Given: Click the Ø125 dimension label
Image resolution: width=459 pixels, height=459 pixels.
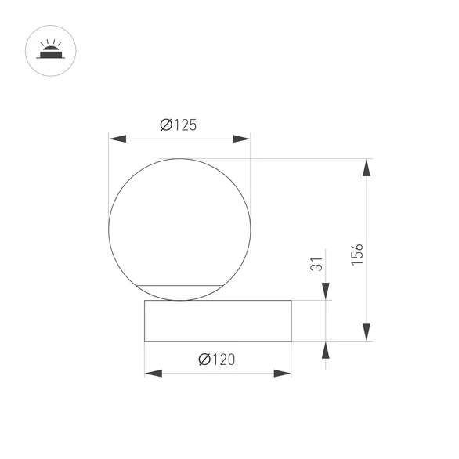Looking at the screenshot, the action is point(179,125).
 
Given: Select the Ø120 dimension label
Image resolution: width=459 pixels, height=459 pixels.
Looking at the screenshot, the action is point(217,360).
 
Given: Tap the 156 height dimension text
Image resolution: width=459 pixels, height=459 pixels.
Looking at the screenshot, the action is point(357,255).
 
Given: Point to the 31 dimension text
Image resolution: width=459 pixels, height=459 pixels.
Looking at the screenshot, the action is point(316,264).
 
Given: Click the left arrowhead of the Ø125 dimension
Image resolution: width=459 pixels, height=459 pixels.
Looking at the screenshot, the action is point(117,139).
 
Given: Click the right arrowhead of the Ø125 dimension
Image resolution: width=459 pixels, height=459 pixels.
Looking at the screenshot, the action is point(241,139).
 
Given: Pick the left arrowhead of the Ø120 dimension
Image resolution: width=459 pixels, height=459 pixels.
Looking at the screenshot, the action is point(154,373).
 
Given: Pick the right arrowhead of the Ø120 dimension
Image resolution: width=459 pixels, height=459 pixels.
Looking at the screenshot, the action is point(283,373).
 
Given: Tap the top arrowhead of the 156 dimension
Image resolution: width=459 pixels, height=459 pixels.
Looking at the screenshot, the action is point(367,168).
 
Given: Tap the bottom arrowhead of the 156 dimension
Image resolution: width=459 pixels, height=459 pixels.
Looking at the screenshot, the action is point(367,332).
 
